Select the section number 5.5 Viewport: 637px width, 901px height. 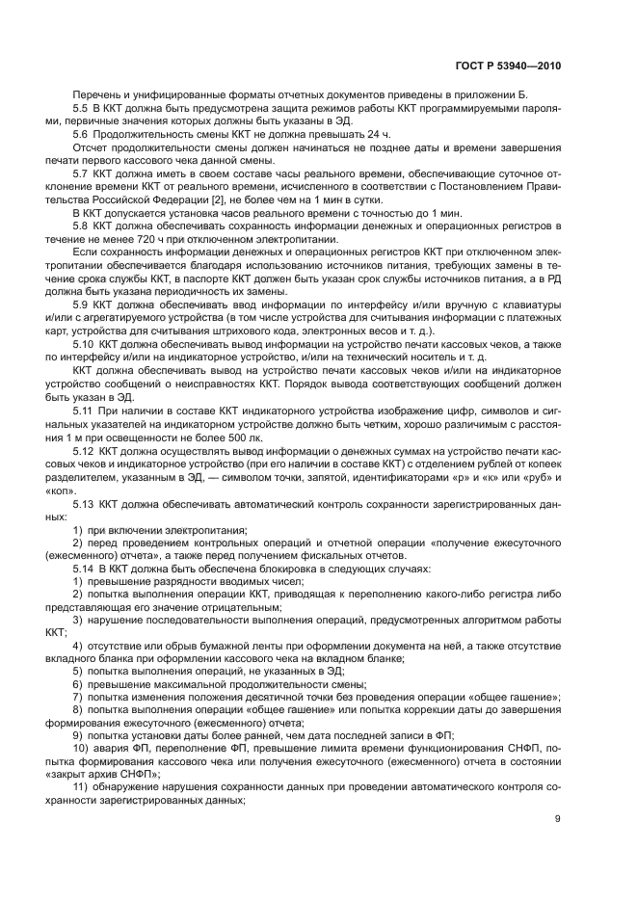(x=81, y=110)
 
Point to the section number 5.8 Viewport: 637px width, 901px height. (x=81, y=223)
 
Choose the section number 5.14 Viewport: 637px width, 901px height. (x=84, y=569)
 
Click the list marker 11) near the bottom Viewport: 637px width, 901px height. (x=81, y=787)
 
